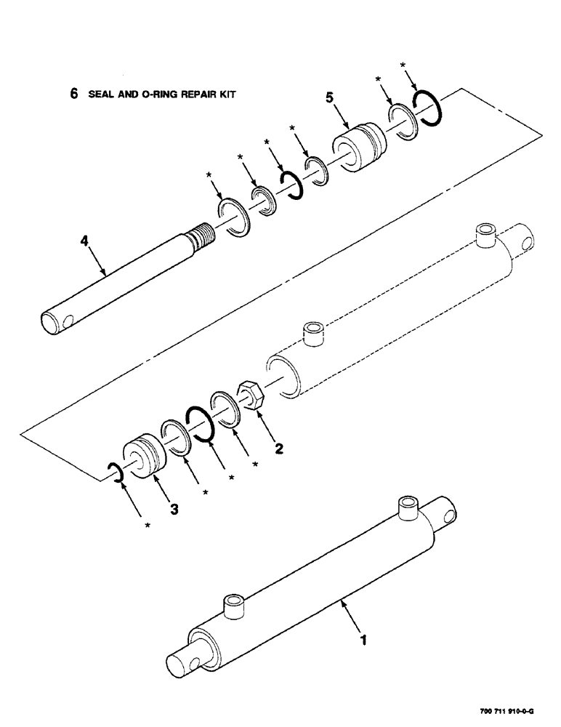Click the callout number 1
pyautogui.click(x=364, y=641)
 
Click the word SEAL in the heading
pyautogui.click(x=99, y=95)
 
